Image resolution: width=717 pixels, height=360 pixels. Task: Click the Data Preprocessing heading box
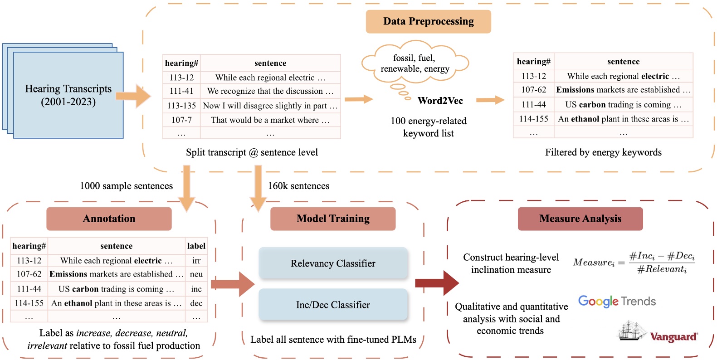428,21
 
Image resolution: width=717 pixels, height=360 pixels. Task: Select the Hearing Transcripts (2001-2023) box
68,95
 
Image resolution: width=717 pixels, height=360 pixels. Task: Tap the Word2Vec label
440,101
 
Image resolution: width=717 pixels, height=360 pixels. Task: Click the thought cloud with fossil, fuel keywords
415,63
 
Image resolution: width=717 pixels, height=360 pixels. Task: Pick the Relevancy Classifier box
333,263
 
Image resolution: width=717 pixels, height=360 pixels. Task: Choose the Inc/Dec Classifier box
333,305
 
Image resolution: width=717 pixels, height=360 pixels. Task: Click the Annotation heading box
109,219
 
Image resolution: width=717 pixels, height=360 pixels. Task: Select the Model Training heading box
333,219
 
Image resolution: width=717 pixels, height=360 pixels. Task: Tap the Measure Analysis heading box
580,219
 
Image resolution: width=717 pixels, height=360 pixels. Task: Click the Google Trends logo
617,301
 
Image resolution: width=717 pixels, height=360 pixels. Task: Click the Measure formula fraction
662,263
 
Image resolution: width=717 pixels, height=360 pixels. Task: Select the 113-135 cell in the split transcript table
181,106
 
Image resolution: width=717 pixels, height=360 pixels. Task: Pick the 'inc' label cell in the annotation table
196,289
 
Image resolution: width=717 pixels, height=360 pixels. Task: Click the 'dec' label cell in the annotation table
196,303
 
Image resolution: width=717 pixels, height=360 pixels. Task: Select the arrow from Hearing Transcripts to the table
133,96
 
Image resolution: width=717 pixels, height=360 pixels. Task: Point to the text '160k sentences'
298,186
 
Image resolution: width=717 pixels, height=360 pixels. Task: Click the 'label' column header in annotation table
196,246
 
